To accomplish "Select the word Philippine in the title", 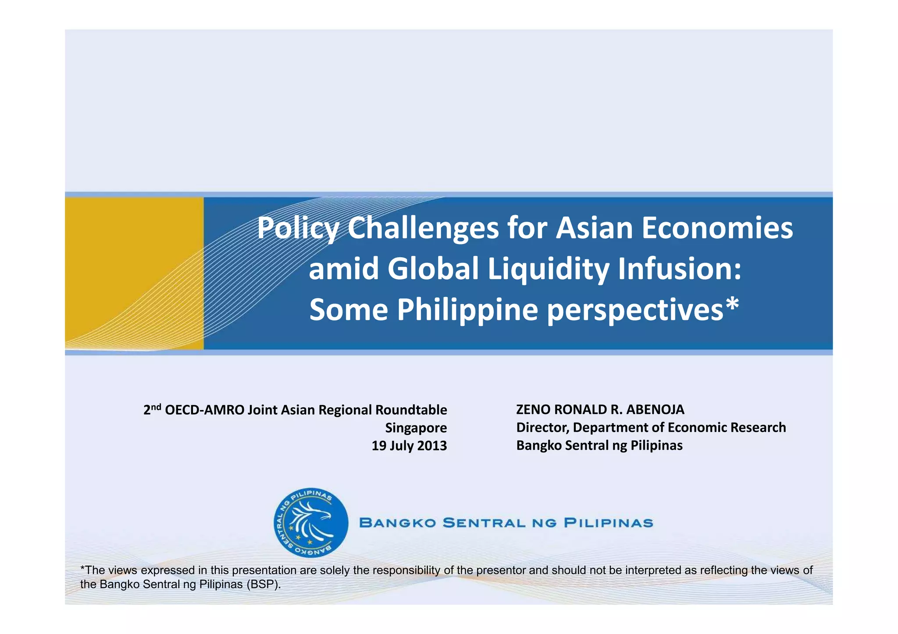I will pos(467,309).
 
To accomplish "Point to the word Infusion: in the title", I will pos(679,269).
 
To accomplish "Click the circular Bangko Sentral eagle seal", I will pos(310,523).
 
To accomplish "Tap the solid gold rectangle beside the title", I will pos(134,273).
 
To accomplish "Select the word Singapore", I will pos(416,428).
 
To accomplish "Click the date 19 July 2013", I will pos(409,446).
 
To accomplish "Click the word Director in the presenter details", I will pos(542,428).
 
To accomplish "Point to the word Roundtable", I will pos(411,410).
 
